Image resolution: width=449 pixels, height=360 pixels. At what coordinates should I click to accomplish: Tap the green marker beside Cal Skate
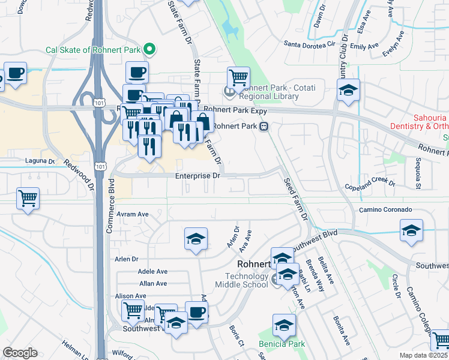pyautogui.click(x=151, y=50)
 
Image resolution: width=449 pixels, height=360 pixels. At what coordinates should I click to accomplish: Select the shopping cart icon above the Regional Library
pyautogui.click(x=238, y=77)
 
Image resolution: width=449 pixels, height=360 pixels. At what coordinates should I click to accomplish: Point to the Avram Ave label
pyautogui.click(x=133, y=214)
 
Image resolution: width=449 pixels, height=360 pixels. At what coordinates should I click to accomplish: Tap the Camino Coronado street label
pyautogui.click(x=385, y=210)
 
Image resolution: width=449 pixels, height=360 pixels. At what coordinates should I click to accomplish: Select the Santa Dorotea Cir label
pyautogui.click(x=309, y=44)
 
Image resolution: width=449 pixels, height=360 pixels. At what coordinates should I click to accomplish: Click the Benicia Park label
pyautogui.click(x=282, y=344)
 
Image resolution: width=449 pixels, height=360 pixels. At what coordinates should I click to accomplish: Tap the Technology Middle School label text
pyautogui.click(x=247, y=280)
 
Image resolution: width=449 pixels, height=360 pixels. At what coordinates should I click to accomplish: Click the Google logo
pyautogui.click(x=19, y=353)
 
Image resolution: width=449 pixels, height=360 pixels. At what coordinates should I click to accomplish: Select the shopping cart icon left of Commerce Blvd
pyautogui.click(x=28, y=198)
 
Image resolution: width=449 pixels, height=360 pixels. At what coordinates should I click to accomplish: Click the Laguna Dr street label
pyautogui.click(x=40, y=161)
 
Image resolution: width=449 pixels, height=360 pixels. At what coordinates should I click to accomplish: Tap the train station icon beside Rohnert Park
pyautogui.click(x=264, y=127)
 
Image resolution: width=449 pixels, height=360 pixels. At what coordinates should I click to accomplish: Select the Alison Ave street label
pyautogui.click(x=130, y=296)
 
